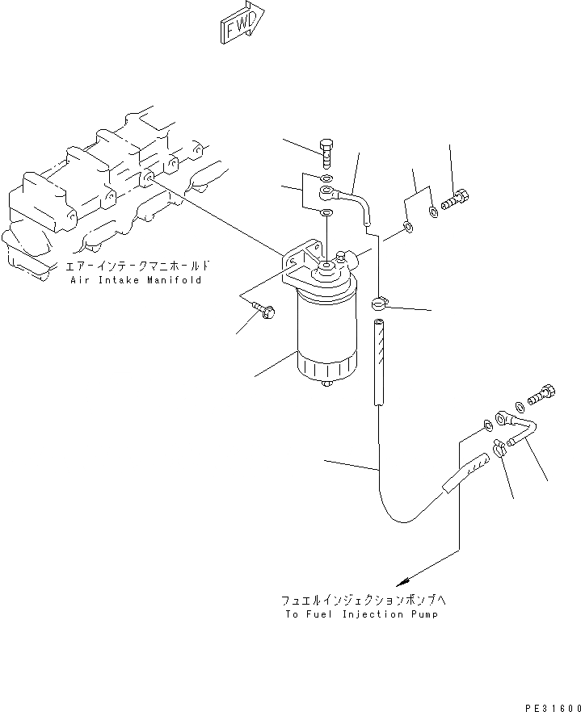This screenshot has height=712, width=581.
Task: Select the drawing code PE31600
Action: coord(554,707)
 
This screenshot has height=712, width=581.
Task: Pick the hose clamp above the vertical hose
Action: coord(380,304)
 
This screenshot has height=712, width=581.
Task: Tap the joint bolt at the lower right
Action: coord(541,394)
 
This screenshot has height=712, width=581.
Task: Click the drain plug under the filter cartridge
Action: coord(327,384)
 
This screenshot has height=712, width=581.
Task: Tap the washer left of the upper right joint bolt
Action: coord(435,212)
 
